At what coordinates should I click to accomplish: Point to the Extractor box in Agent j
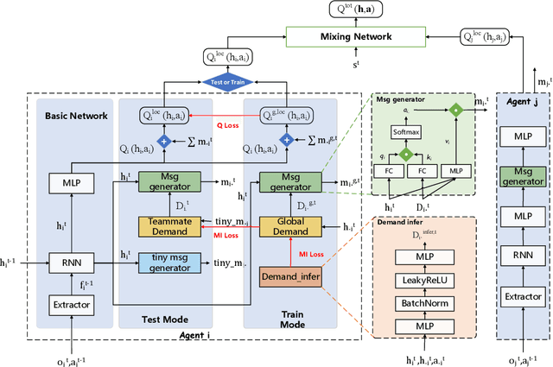[524, 296]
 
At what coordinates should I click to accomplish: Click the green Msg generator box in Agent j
[524, 176]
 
